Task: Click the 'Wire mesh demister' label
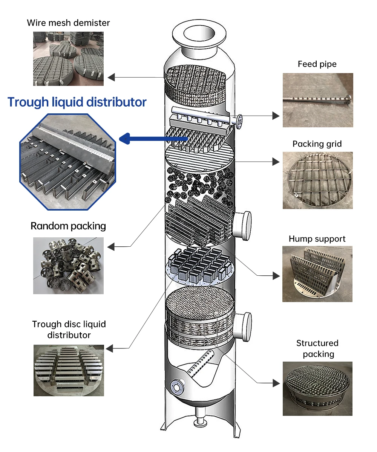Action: tap(68, 23)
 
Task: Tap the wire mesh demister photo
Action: tap(68, 58)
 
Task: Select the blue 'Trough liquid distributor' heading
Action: tap(77, 102)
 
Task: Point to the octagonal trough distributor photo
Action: tap(68, 161)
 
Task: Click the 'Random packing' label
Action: tap(68, 226)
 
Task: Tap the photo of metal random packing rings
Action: tap(68, 266)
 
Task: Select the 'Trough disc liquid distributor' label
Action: tap(69, 329)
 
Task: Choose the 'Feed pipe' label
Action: tap(317, 64)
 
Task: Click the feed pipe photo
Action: tap(318, 100)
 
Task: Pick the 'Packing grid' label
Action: tap(317, 144)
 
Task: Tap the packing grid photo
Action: tap(318, 180)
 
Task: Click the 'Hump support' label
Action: tap(317, 239)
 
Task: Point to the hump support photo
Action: tap(317, 274)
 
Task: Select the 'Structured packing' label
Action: tap(317, 348)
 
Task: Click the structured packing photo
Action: tap(317, 389)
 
